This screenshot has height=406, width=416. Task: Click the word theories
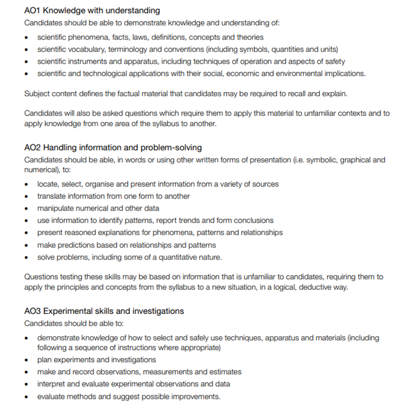(249, 37)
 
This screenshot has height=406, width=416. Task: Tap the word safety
(332, 61)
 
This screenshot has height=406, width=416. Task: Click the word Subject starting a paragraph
(37, 93)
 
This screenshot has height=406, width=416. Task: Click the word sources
(263, 184)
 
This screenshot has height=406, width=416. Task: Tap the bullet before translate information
(27, 197)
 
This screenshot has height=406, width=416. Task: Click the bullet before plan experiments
(27, 360)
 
